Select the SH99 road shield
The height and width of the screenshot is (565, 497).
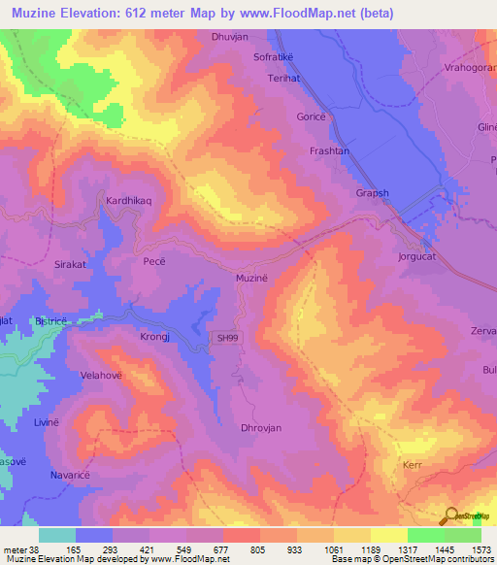[225, 337]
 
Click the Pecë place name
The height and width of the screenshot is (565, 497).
[155, 263]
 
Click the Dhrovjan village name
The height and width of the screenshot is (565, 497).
[260, 427]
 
